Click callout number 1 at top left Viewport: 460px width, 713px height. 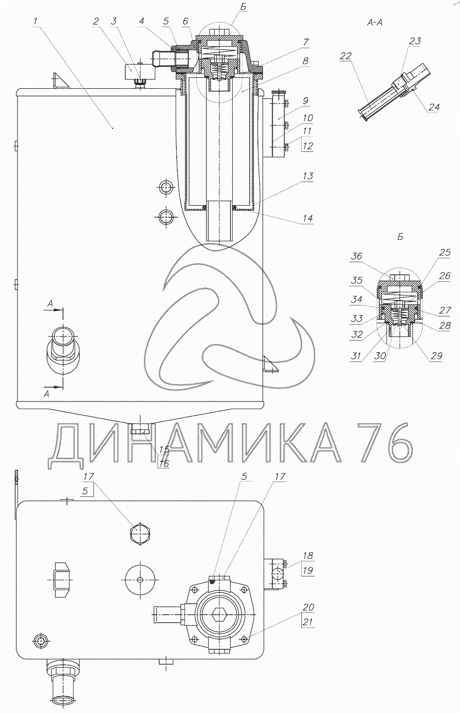pos(35,21)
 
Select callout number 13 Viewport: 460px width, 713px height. pos(308,176)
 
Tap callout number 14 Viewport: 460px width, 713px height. pos(308,218)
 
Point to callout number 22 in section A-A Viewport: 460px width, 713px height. pos(346,56)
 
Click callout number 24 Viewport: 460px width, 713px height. pos(434,107)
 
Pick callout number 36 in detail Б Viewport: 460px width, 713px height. pos(357,256)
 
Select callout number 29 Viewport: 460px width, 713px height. pos(436,355)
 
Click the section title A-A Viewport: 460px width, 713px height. pos(375,22)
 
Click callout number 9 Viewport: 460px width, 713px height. pos(306,101)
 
